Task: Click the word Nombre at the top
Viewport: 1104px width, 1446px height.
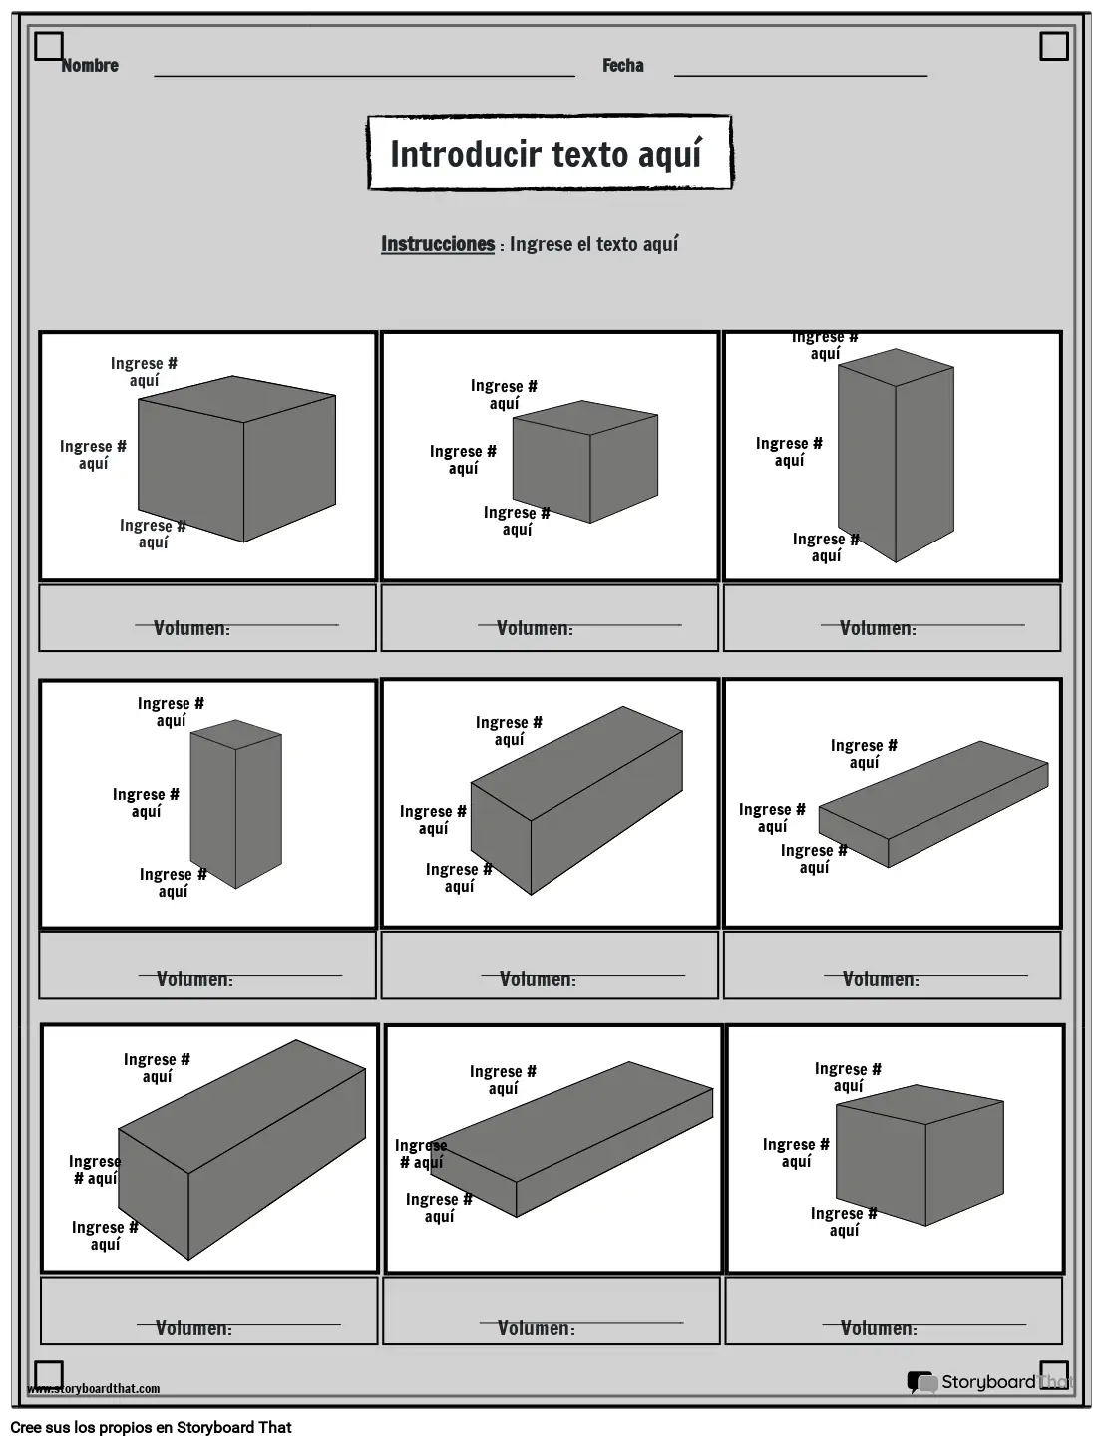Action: point(90,66)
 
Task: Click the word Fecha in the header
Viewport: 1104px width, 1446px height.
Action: point(622,66)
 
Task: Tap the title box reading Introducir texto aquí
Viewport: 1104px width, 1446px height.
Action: point(549,153)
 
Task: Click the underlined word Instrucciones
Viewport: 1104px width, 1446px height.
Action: point(438,244)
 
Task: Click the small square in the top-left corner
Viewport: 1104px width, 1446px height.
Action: point(49,46)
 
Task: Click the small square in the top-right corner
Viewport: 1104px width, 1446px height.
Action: point(1054,46)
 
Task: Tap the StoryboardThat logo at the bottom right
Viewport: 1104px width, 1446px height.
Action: point(987,1381)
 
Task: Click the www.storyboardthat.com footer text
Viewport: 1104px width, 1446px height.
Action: point(94,1388)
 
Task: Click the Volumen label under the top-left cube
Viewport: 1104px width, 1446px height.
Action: point(191,628)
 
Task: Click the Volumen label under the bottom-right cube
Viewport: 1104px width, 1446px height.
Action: point(878,1328)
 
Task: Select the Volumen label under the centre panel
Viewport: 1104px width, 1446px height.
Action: point(537,979)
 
